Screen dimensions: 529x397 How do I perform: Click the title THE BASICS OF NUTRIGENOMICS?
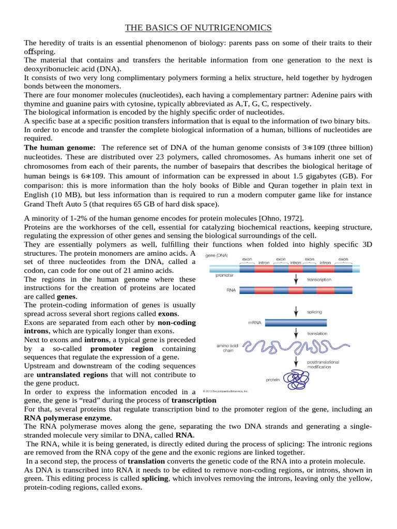(x=198, y=27)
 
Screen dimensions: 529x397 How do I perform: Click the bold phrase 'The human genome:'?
(x=60, y=148)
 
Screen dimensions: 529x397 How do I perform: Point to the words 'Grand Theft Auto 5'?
(x=58, y=204)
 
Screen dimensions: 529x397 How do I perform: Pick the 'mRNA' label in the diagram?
(x=255, y=323)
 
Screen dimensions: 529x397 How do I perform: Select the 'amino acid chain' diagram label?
(x=221, y=348)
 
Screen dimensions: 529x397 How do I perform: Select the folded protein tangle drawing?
(x=299, y=380)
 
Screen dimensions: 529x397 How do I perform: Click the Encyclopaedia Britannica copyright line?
(x=225, y=391)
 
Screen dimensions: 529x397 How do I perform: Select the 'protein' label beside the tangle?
(x=273, y=380)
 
